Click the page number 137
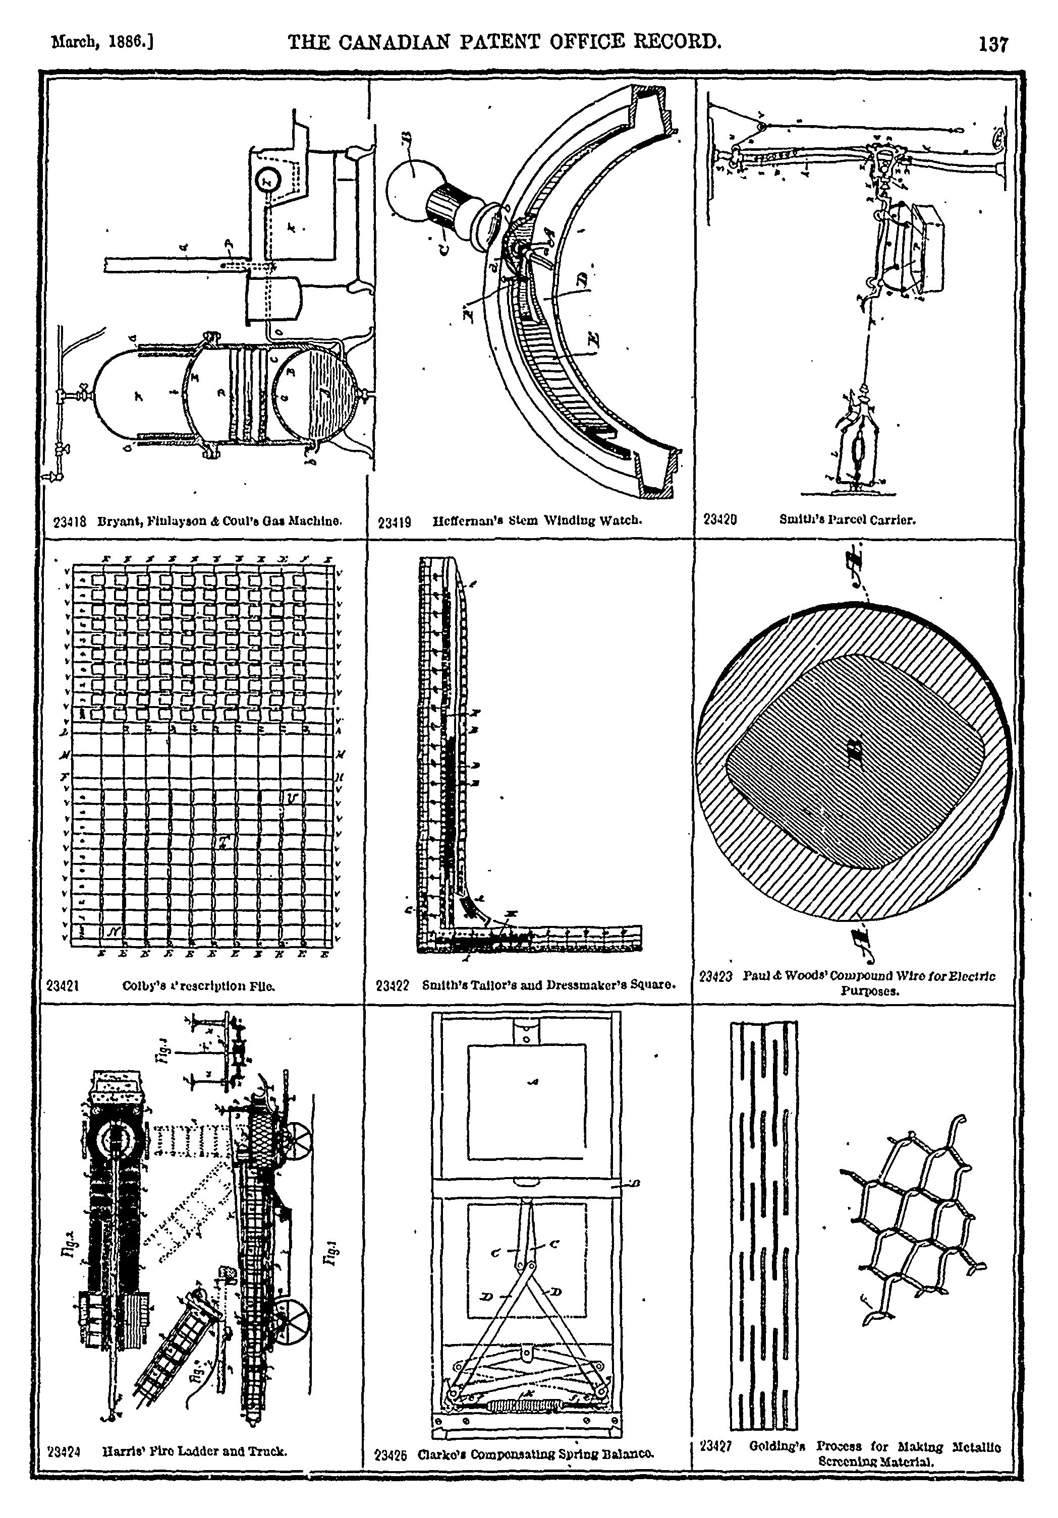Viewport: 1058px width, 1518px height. click(x=994, y=44)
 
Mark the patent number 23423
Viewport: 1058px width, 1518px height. click(x=716, y=976)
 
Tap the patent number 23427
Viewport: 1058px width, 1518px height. click(x=715, y=1446)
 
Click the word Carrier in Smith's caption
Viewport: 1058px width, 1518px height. click(x=897, y=519)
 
